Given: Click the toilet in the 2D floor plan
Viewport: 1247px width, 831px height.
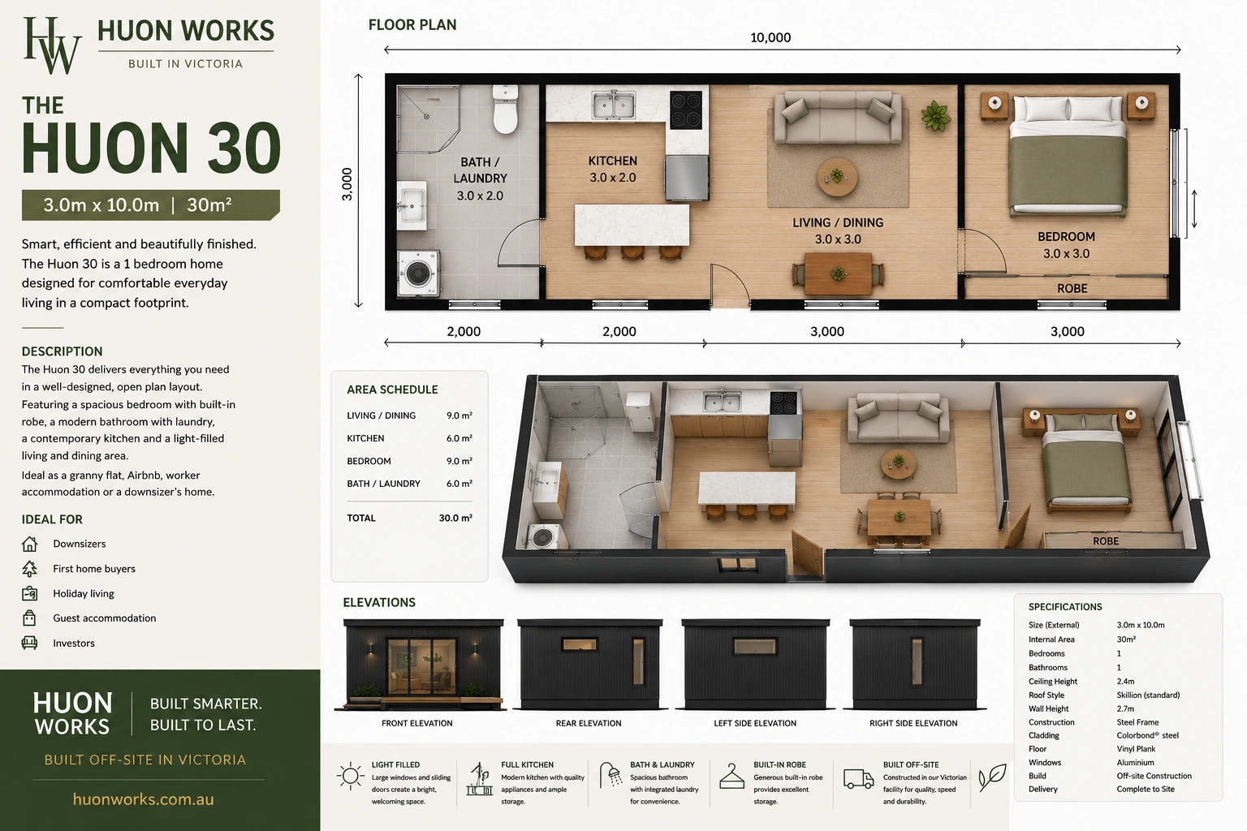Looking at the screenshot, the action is pos(506,109).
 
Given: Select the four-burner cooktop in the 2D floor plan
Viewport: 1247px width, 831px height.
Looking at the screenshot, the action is pos(686,110).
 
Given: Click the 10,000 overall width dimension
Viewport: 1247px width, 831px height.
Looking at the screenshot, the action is pos(770,37).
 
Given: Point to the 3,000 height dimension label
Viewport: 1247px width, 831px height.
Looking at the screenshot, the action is pos(347,184).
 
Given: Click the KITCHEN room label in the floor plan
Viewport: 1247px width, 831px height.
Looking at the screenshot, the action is pos(612,161).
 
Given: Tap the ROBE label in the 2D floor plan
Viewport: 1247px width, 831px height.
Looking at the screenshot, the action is pos(1072,288).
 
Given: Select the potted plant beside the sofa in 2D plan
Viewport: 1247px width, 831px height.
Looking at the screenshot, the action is pos(935,116).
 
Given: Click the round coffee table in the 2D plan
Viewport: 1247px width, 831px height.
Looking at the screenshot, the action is pos(837,177).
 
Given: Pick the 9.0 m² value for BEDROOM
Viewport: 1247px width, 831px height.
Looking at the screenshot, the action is pos(460,461).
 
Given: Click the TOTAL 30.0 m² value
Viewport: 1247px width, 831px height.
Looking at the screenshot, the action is pos(455,518).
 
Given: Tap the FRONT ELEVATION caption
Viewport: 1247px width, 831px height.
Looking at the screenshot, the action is pos(417,723).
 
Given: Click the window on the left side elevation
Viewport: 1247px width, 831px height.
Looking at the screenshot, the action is pos(755,646).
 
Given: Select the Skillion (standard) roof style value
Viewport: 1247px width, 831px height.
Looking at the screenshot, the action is pos(1148,695).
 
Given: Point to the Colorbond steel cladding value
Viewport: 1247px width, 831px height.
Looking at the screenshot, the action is pos(1147,735).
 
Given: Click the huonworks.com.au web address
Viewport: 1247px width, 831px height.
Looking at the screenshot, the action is pos(143,799).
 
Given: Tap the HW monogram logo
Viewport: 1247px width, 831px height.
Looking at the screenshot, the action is pos(52,45).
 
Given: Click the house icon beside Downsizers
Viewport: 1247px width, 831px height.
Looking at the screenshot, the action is pos(29,544).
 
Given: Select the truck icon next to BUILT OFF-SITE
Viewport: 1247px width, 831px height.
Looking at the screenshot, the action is pos(858,779).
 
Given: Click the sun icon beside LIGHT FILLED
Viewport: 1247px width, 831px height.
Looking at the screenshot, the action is pos(351,776).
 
